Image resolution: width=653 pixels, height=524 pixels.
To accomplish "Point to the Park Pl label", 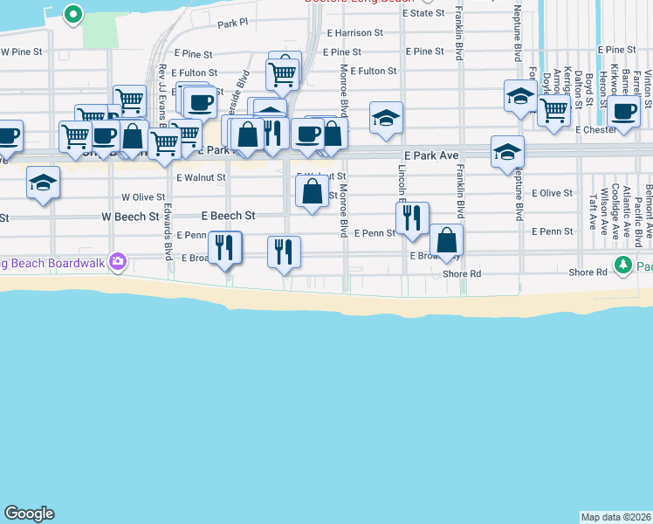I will click(233, 24).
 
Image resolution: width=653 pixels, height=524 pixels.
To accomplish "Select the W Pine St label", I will click(21, 52).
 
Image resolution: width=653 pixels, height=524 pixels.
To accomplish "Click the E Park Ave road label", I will click(430, 155).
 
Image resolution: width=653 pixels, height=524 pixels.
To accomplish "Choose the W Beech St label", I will click(130, 216).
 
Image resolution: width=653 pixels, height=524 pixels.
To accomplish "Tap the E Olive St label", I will click(552, 192).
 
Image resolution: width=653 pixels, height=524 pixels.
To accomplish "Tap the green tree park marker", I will click(622, 265).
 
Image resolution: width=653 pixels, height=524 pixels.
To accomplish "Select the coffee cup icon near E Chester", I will click(624, 112).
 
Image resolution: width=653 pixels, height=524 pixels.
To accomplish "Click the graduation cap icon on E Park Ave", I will click(507, 152).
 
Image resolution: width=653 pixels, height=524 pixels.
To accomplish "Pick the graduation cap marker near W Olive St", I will click(43, 183).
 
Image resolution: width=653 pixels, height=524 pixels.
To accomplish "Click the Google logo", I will click(29, 514).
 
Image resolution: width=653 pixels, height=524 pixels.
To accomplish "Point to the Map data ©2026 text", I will click(616, 517).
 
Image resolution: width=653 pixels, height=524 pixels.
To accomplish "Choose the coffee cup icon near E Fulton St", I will click(200, 102).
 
